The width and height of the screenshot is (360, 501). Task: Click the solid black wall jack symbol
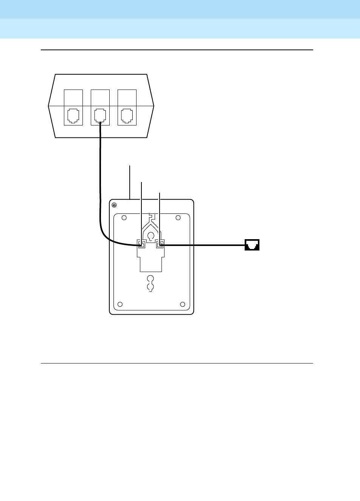point(252,245)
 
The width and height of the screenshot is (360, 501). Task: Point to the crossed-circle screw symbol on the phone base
point(115,205)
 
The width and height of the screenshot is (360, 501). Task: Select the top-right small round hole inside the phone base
point(178,218)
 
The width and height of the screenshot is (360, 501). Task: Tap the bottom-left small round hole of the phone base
point(120,304)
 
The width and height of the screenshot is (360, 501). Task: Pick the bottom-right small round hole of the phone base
point(183,304)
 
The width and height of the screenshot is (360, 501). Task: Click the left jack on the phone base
point(141,244)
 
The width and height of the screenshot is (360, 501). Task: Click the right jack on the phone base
point(160,244)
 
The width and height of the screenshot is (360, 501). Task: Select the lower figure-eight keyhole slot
point(151,283)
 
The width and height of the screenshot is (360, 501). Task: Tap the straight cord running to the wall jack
point(204,245)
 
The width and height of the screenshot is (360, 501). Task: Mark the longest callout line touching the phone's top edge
point(130,182)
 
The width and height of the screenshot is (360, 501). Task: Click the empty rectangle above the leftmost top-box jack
point(73,97)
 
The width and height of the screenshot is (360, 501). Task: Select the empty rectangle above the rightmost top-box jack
point(127,97)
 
